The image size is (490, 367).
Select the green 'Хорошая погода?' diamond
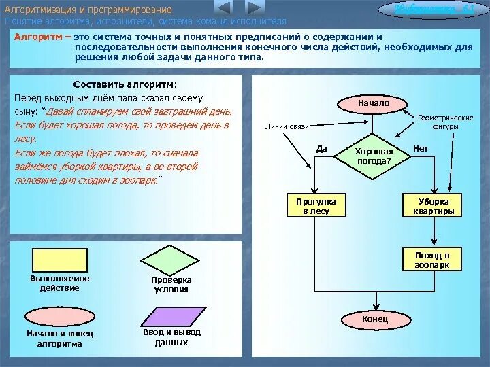point(374,156)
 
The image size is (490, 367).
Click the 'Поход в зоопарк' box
point(432,260)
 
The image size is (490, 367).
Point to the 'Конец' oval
point(375,319)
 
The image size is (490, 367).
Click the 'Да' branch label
point(322,148)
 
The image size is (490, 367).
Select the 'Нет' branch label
point(421,148)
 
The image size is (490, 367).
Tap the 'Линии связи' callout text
point(287,126)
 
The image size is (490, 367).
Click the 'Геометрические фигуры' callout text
point(445,122)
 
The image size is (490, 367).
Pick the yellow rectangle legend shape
point(60,260)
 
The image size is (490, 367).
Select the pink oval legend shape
point(60,316)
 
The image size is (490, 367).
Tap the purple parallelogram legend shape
point(171,316)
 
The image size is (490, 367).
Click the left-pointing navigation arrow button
point(223,8)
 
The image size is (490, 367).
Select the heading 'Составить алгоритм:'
point(125,84)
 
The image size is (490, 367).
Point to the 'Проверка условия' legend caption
point(171,284)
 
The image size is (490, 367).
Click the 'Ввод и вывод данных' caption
point(171,338)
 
